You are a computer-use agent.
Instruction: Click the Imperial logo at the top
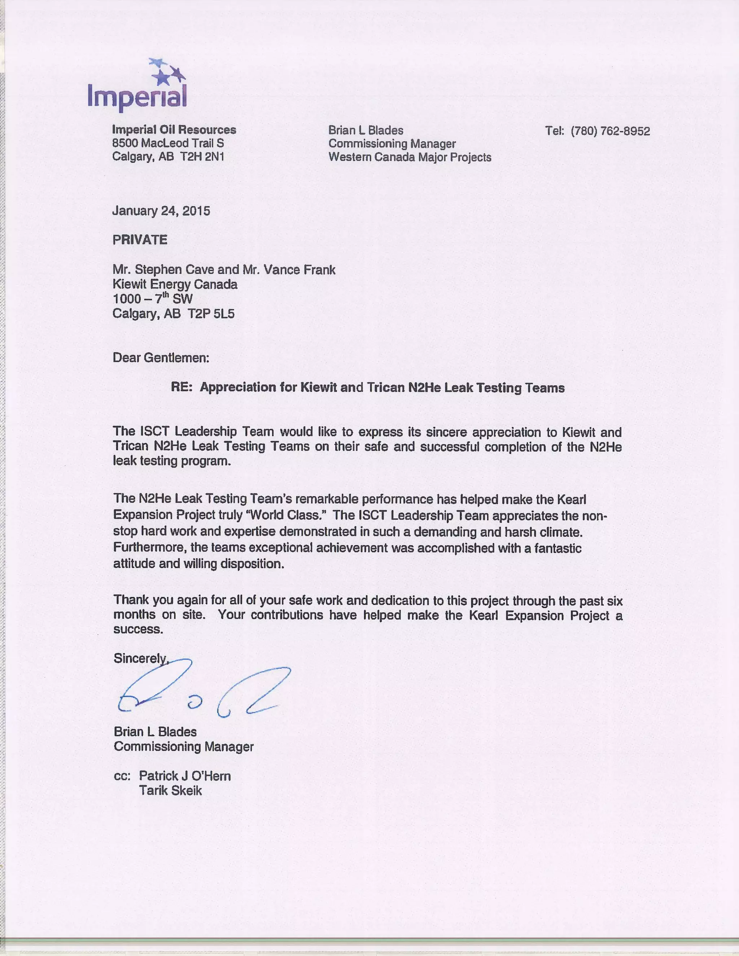[137, 86]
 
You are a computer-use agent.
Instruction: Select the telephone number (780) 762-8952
[610, 131]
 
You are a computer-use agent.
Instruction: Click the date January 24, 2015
[161, 211]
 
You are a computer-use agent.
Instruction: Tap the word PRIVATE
[140, 240]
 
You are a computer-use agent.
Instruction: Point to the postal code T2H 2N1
[202, 157]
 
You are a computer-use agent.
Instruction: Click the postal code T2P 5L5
[211, 313]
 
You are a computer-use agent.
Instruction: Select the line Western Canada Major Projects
[410, 157]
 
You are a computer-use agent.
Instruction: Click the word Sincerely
[140, 658]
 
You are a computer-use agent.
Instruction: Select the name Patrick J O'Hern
[185, 776]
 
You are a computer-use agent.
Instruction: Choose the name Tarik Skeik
[170, 790]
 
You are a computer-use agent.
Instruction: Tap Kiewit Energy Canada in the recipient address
[175, 285]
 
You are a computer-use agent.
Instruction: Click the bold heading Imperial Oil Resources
[174, 130]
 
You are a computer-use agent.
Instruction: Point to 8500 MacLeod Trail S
[168, 143]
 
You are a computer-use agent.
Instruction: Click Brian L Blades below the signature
[155, 732]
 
